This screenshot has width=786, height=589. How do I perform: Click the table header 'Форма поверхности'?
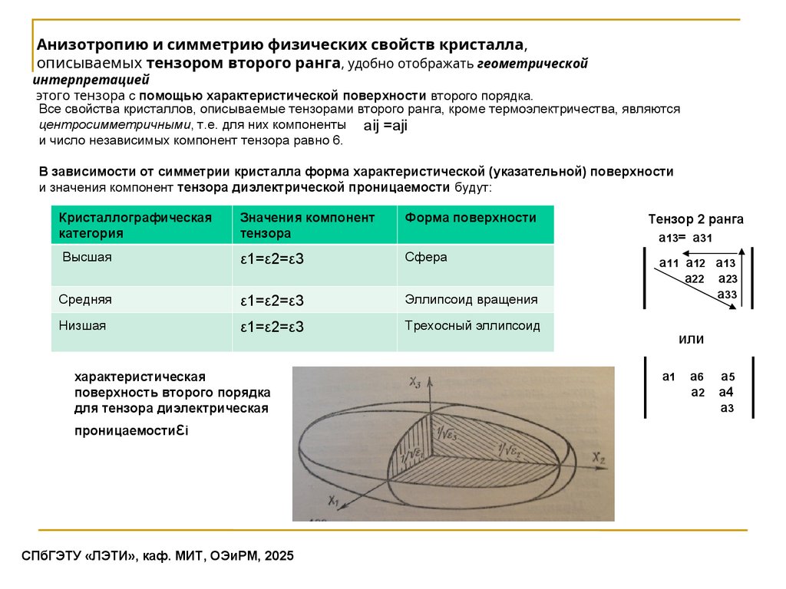point(471,218)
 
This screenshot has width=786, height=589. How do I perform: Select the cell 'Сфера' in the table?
point(426,257)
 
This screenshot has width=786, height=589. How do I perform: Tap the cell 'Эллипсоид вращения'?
point(471,299)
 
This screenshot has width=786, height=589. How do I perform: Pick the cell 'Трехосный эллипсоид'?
point(472,325)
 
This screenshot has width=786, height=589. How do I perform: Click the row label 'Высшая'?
point(87,257)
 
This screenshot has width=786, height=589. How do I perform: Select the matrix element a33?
point(727,294)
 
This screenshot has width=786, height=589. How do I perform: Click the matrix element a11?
point(669,264)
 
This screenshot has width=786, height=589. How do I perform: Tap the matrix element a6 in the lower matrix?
point(696,377)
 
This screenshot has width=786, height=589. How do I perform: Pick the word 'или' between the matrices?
point(691,338)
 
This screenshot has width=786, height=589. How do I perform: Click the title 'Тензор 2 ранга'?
point(695,219)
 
